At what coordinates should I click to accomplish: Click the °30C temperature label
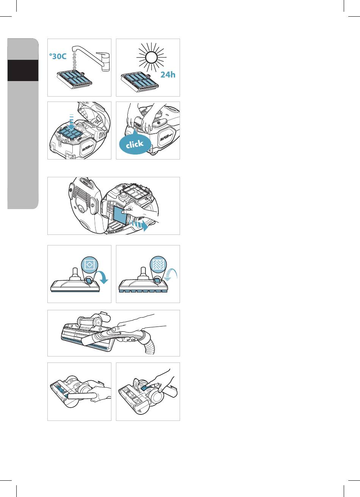[x=58, y=56]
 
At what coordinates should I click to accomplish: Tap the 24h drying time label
[x=167, y=75]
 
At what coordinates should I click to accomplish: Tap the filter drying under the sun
[x=140, y=80]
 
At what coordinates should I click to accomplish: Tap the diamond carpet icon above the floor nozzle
[x=90, y=264]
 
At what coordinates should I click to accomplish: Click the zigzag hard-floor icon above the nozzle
[x=158, y=264]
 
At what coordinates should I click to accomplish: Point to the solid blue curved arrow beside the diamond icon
[x=103, y=277]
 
